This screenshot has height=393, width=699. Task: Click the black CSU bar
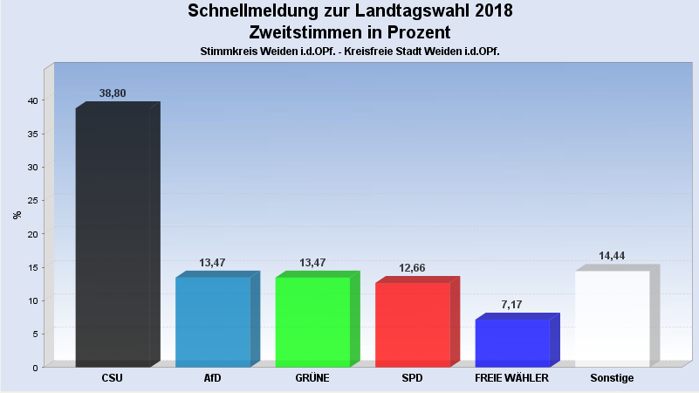coord(113,236)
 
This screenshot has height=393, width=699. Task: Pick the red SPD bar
coord(412,324)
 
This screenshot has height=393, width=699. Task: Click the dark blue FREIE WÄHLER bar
coord(512,342)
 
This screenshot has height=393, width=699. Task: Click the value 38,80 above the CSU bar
coord(113,92)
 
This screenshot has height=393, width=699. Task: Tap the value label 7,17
coord(513,304)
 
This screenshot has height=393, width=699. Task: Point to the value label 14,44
coord(613,256)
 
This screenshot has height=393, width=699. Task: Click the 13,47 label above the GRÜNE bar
coord(313,262)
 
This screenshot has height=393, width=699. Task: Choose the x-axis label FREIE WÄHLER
coord(511,378)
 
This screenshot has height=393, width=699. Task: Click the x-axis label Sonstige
coord(612,378)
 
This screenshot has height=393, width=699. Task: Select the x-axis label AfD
coord(212,378)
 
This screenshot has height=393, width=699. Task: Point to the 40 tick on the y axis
coord(31,100)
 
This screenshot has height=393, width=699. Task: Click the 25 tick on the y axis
coord(31,201)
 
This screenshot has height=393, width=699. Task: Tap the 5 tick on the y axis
coord(34,334)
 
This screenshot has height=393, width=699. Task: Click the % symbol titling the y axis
coord(17,215)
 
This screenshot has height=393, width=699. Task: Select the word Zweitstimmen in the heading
coord(304,32)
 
